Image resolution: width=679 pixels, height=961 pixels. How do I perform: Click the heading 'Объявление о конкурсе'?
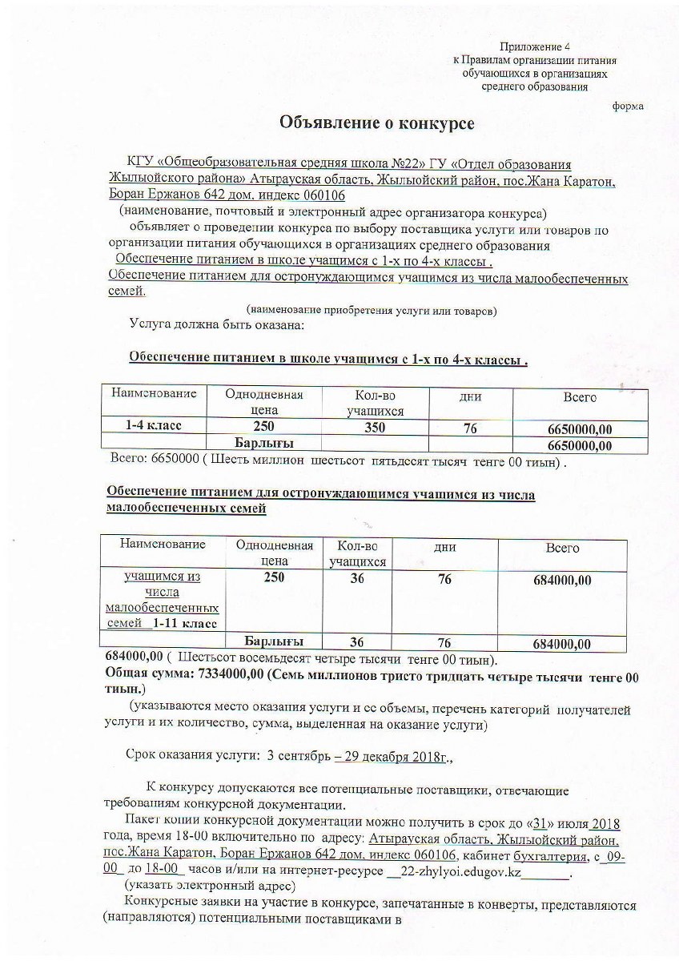[x=376, y=123]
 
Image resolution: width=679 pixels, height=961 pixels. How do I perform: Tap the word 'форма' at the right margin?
[x=628, y=106]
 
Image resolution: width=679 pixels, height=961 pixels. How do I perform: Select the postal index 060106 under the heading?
[x=325, y=195]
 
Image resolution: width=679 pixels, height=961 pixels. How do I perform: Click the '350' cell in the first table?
[x=375, y=428]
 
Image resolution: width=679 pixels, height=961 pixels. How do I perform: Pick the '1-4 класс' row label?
[x=152, y=426]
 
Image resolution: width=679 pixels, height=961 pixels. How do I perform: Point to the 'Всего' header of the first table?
[x=580, y=397]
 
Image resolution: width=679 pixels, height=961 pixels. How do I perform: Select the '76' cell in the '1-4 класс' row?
[x=470, y=428]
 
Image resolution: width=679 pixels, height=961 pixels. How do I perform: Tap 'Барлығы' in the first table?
[x=263, y=443]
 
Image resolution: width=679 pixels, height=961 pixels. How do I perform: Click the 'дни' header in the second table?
[x=444, y=548]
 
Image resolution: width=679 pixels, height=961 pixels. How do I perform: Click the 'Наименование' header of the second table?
[x=163, y=545]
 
